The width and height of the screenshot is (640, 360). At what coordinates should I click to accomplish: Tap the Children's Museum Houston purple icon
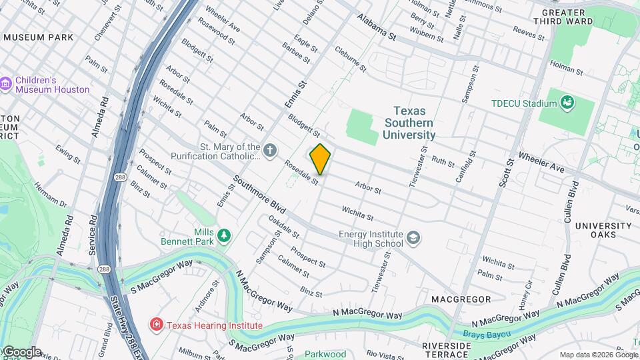point(7,84)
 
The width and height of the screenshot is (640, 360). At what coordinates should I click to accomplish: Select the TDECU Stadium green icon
point(567,103)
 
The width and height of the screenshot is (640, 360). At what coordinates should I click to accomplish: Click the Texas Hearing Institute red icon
point(157,325)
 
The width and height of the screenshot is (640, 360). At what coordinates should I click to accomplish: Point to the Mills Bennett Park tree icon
point(225,235)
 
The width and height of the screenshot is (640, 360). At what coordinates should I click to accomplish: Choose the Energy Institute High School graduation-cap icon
point(413,239)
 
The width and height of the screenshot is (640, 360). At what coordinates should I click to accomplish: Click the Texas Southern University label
point(409,123)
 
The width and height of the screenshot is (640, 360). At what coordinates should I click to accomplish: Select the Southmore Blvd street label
point(259,195)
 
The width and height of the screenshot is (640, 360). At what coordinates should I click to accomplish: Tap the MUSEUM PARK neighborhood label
point(37,37)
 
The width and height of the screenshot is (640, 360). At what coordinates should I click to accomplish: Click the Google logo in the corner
point(21,351)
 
